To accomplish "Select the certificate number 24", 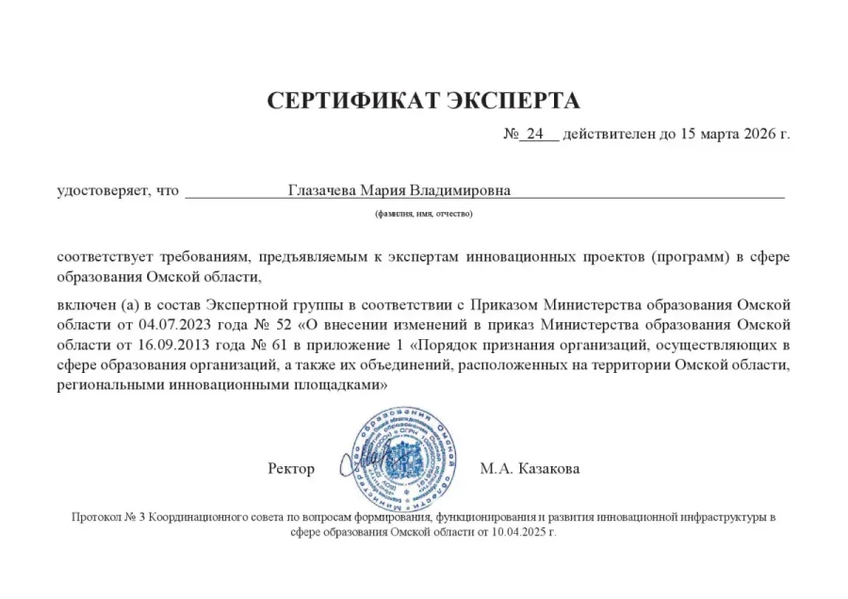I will click(x=535, y=134).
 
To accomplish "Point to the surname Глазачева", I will click(x=323, y=190).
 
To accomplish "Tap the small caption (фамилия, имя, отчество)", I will click(x=424, y=214).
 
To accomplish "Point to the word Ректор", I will click(x=290, y=468).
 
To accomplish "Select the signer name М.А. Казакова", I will click(x=530, y=468).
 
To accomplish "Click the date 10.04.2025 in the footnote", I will click(x=514, y=532).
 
